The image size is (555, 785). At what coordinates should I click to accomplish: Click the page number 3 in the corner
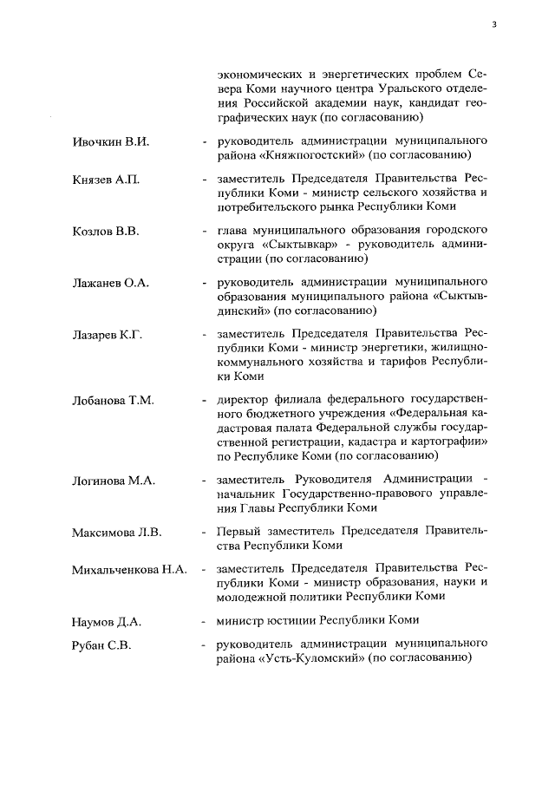[494, 24]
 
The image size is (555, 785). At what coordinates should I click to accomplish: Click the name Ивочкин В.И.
[110, 141]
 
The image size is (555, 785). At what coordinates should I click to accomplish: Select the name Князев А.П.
[106, 180]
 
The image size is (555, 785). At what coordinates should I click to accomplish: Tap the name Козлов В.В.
[107, 232]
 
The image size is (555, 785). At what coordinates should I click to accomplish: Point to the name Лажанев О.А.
[111, 284]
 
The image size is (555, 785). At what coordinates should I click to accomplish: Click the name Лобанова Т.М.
[113, 400]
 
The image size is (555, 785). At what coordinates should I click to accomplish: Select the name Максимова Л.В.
[116, 531]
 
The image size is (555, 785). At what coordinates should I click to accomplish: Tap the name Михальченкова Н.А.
[129, 570]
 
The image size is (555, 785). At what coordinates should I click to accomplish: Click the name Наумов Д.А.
[107, 622]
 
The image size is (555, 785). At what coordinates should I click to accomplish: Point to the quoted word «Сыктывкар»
[296, 245]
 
